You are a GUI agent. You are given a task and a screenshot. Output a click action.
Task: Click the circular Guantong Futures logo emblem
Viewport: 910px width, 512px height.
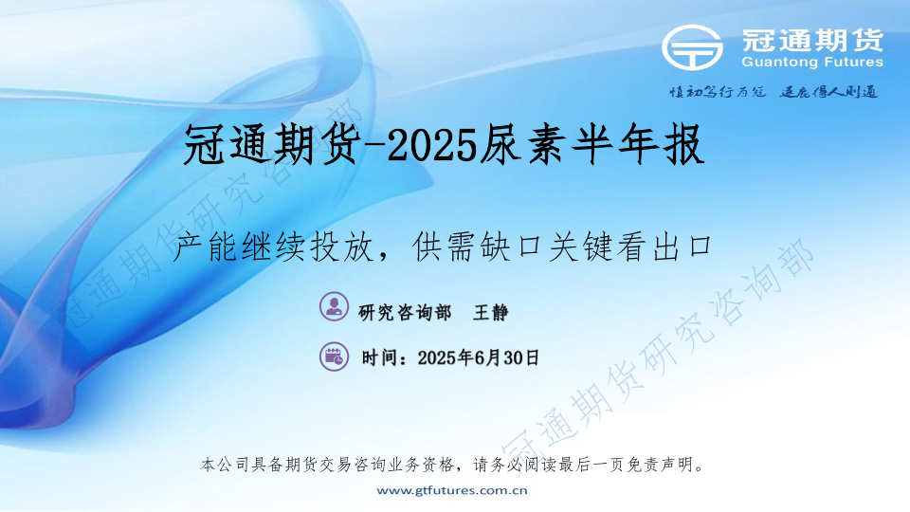[x=692, y=47]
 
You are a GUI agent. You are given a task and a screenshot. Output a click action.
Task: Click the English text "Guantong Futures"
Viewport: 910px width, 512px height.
[x=812, y=63]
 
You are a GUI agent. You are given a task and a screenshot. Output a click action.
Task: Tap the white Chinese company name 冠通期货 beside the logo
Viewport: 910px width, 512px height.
[x=812, y=40]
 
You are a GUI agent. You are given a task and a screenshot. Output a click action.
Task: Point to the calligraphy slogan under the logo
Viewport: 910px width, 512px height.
[x=773, y=92]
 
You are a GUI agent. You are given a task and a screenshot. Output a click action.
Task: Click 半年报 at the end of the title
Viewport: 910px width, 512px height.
[x=637, y=145]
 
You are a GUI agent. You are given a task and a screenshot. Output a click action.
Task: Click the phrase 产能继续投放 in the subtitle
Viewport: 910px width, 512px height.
[x=273, y=247]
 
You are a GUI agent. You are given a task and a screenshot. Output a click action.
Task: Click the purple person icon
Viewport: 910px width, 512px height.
[x=335, y=306]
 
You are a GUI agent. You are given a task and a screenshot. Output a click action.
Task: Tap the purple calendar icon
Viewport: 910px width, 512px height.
[x=335, y=357]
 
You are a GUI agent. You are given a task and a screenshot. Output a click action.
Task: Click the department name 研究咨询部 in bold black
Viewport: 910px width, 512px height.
[x=405, y=313]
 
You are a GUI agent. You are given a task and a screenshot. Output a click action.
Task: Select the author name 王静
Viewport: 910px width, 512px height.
[x=490, y=313]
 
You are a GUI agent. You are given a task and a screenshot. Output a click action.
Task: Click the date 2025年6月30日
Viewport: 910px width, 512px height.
[x=478, y=357]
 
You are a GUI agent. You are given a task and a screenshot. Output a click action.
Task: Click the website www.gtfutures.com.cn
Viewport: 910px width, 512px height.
[x=452, y=490]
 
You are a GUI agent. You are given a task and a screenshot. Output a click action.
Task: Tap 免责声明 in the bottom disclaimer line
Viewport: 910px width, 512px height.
[x=662, y=465]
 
